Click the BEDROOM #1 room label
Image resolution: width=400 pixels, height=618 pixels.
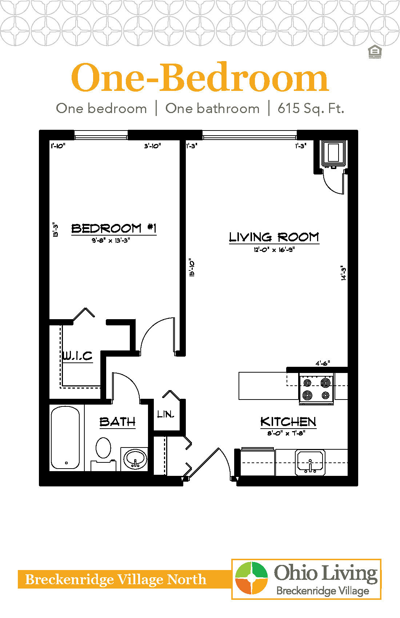point(114,228)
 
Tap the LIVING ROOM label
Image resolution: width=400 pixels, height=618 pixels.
point(274,237)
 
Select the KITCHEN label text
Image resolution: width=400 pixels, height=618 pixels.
point(288,422)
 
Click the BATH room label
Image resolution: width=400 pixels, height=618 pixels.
point(117,422)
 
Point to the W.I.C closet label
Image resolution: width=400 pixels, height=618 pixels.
point(77,356)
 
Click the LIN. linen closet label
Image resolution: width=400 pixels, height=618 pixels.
point(166,414)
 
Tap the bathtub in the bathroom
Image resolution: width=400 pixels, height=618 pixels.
point(65,438)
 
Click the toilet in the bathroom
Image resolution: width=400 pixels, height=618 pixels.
point(103,451)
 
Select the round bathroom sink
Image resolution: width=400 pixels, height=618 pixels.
point(135,458)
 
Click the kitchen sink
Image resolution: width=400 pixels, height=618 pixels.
point(310,462)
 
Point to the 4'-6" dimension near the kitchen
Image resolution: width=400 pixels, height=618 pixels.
point(323,363)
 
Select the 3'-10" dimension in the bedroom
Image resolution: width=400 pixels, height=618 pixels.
point(152,146)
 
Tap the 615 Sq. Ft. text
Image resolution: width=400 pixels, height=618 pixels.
point(311,108)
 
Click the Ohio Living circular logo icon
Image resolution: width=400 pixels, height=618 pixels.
point(251,578)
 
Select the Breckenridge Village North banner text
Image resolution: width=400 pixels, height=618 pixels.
point(116,579)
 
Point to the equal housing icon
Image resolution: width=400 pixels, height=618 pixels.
point(375,52)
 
